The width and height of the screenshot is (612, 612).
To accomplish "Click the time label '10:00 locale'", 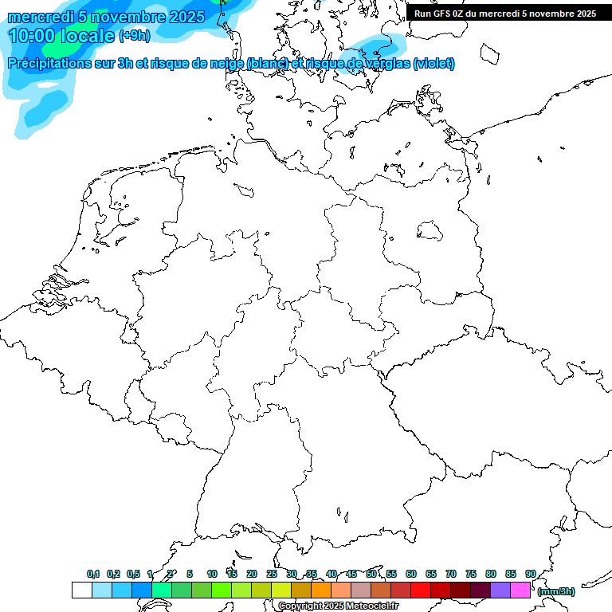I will (62, 35).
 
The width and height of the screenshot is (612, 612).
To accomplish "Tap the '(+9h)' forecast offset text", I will (134, 35).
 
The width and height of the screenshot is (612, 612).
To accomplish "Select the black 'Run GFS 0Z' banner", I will (505, 13).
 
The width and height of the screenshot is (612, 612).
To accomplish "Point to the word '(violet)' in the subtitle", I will (433, 64).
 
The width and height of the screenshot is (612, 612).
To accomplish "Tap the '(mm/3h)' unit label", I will (556, 591).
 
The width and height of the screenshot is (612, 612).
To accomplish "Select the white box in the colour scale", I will (81, 590).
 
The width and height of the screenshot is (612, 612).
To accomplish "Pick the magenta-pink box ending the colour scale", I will (520, 590).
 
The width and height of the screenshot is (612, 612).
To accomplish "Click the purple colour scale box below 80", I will (500, 590).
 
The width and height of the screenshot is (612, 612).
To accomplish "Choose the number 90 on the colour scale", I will (530, 574).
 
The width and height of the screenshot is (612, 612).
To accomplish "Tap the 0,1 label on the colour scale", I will (93, 574).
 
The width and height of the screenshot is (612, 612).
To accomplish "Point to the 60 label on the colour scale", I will (411, 574).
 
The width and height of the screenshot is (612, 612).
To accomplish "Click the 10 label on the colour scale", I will (212, 574).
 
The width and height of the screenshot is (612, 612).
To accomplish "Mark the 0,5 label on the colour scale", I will (132, 574).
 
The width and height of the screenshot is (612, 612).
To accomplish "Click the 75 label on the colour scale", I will (471, 574).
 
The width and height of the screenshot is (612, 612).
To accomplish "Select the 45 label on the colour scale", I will (351, 574).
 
